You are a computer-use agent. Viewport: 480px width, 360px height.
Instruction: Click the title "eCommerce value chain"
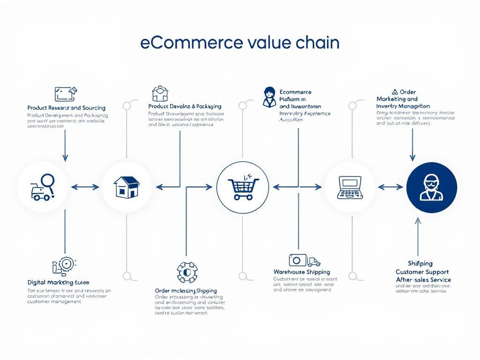click(x=240, y=43)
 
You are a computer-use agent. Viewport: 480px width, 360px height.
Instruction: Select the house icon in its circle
click(x=127, y=187)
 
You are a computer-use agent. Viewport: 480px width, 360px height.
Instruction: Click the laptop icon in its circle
click(x=350, y=187)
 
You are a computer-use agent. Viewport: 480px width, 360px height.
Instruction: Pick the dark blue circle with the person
click(x=431, y=187)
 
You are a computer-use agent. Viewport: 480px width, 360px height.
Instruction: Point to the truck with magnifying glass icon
click(x=43, y=187)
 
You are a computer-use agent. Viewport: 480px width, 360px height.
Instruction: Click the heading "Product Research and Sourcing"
click(x=66, y=108)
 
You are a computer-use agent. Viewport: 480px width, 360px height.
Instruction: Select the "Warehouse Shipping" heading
click(x=301, y=272)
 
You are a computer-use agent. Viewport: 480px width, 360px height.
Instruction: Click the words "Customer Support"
click(x=422, y=272)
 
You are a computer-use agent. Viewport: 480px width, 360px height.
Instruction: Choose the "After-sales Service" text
click(x=423, y=280)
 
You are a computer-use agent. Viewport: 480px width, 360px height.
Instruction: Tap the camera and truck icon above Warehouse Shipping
click(x=304, y=260)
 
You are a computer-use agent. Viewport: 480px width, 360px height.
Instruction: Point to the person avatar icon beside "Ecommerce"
click(x=269, y=97)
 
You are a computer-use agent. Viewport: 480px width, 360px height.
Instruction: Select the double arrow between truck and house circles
click(x=85, y=187)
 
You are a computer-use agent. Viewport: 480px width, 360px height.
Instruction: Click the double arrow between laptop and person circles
click(x=390, y=187)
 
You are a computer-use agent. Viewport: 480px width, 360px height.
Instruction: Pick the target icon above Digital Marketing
click(x=64, y=265)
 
